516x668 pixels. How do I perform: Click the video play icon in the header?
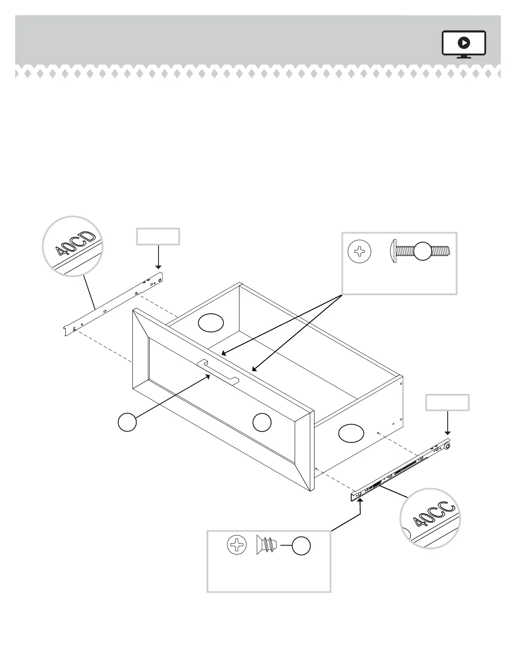click(464, 43)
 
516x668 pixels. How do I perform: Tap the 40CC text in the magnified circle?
click(434, 514)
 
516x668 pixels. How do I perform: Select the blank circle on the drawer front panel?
click(262, 423)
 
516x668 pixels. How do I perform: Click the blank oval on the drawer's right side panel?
click(351, 433)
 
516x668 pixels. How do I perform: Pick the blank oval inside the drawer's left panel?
click(211, 323)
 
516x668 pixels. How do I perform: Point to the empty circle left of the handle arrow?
click(127, 422)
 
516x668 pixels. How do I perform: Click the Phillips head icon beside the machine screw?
click(360, 252)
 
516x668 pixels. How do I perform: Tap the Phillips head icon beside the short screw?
click(236, 545)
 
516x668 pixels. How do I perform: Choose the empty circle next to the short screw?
click(302, 546)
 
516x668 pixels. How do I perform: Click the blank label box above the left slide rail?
click(158, 237)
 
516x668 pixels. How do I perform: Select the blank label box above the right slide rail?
click(447, 402)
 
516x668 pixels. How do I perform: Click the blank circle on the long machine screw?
click(423, 252)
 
